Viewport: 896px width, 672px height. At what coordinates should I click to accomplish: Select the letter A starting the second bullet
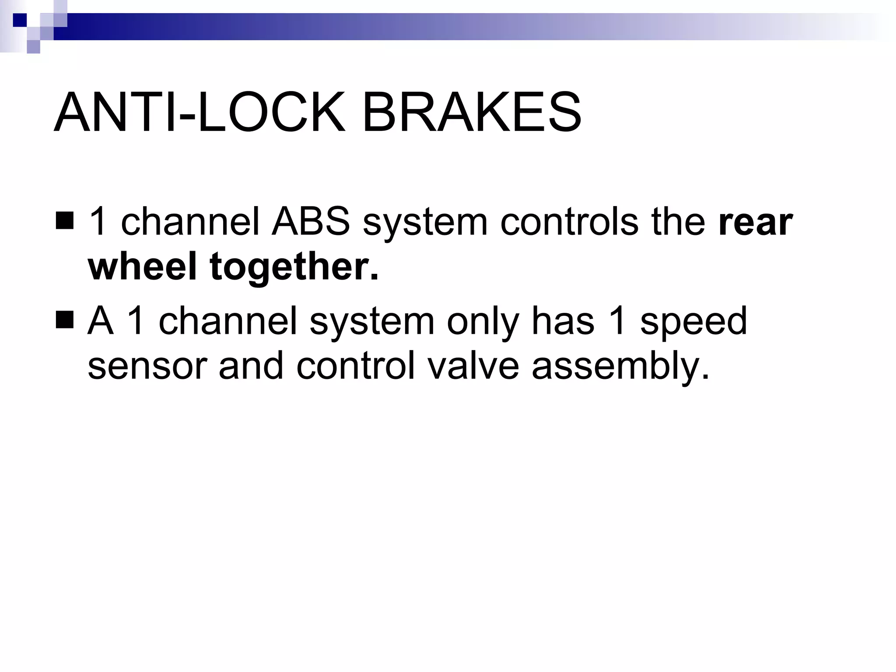(x=100, y=321)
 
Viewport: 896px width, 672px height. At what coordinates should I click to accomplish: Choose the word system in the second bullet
(x=371, y=321)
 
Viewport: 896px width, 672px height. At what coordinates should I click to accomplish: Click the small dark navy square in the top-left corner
(x=20, y=20)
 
